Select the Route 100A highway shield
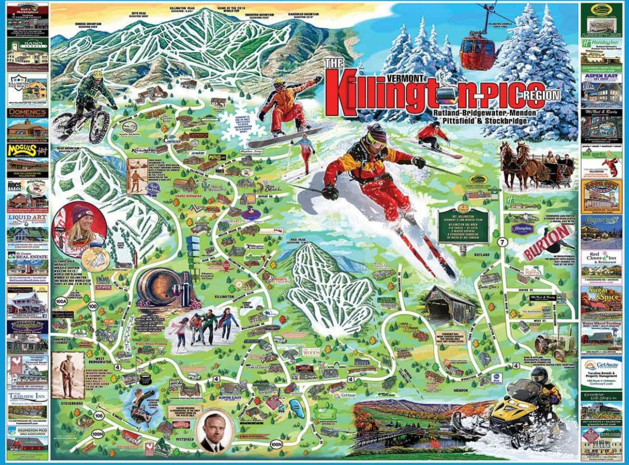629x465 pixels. [62, 302]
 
